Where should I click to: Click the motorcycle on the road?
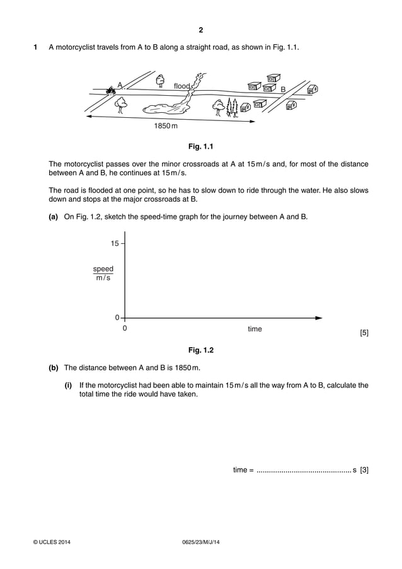click(x=112, y=91)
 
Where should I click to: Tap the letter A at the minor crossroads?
click(x=119, y=85)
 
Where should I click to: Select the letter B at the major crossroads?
click(x=283, y=90)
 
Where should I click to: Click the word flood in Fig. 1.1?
click(x=181, y=86)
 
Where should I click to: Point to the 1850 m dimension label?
click(x=166, y=126)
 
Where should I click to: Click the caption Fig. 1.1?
click(x=201, y=147)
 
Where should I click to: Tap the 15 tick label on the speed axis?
click(x=115, y=243)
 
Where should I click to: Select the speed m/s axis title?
click(x=103, y=273)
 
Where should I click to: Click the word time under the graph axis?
click(x=255, y=329)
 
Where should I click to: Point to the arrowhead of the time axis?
click(x=318, y=318)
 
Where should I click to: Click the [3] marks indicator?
click(x=364, y=469)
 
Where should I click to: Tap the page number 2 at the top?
click(x=201, y=30)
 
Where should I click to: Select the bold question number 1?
click(x=35, y=47)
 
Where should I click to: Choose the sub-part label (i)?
click(x=68, y=385)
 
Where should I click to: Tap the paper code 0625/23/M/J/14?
click(x=200, y=542)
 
